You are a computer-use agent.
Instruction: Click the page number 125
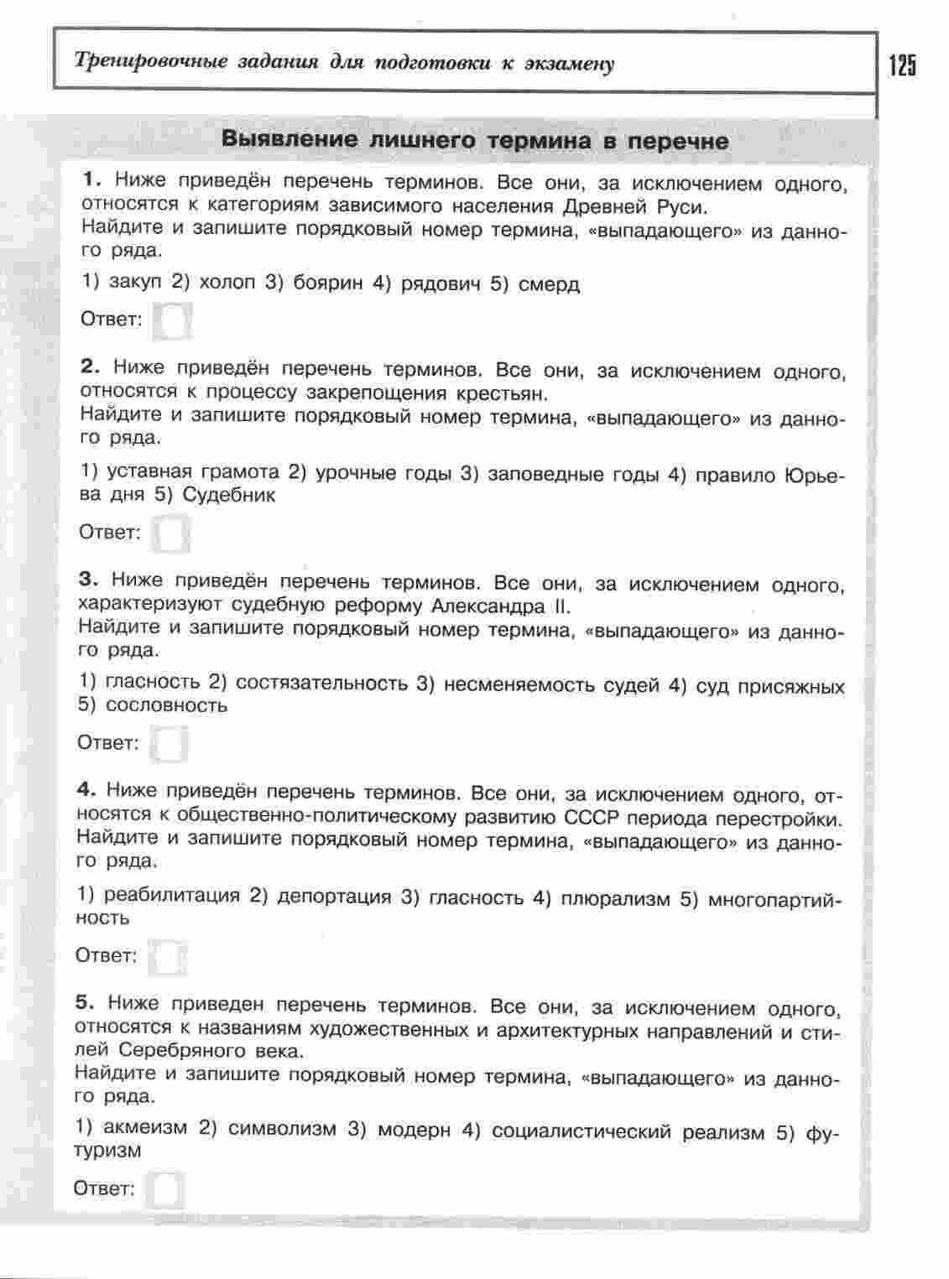(903, 65)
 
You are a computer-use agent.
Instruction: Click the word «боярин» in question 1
(328, 283)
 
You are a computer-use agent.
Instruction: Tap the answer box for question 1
(173, 320)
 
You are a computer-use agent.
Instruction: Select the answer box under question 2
(171, 533)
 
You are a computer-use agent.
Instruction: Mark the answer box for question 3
(169, 744)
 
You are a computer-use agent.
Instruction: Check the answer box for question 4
(167, 957)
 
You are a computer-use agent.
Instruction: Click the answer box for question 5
(165, 1189)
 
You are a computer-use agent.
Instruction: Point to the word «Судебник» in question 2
(229, 495)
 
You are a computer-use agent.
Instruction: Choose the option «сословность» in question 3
(167, 705)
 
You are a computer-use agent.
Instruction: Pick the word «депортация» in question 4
(334, 897)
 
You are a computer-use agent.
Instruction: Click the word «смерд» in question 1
(549, 283)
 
